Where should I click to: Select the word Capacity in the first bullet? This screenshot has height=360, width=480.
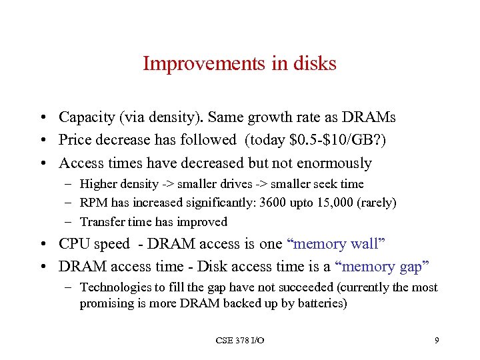tap(85, 118)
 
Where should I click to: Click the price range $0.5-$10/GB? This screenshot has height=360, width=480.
tap(332, 140)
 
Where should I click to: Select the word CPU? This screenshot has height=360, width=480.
tap(74, 245)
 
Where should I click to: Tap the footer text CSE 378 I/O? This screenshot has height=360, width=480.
tap(240, 341)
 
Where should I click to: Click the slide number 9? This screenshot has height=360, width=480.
tap(436, 341)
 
